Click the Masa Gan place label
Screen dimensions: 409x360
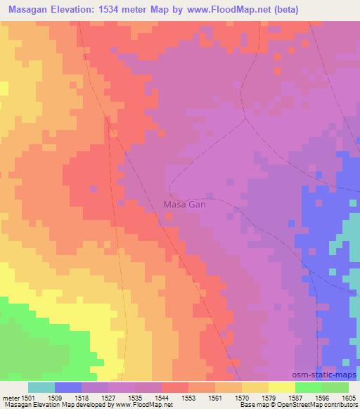[184, 204]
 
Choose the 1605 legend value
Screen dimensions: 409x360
[349, 398]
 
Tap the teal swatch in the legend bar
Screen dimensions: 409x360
[41, 387]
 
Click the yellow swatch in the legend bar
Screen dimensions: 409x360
[281, 387]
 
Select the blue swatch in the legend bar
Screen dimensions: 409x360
[68, 387]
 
